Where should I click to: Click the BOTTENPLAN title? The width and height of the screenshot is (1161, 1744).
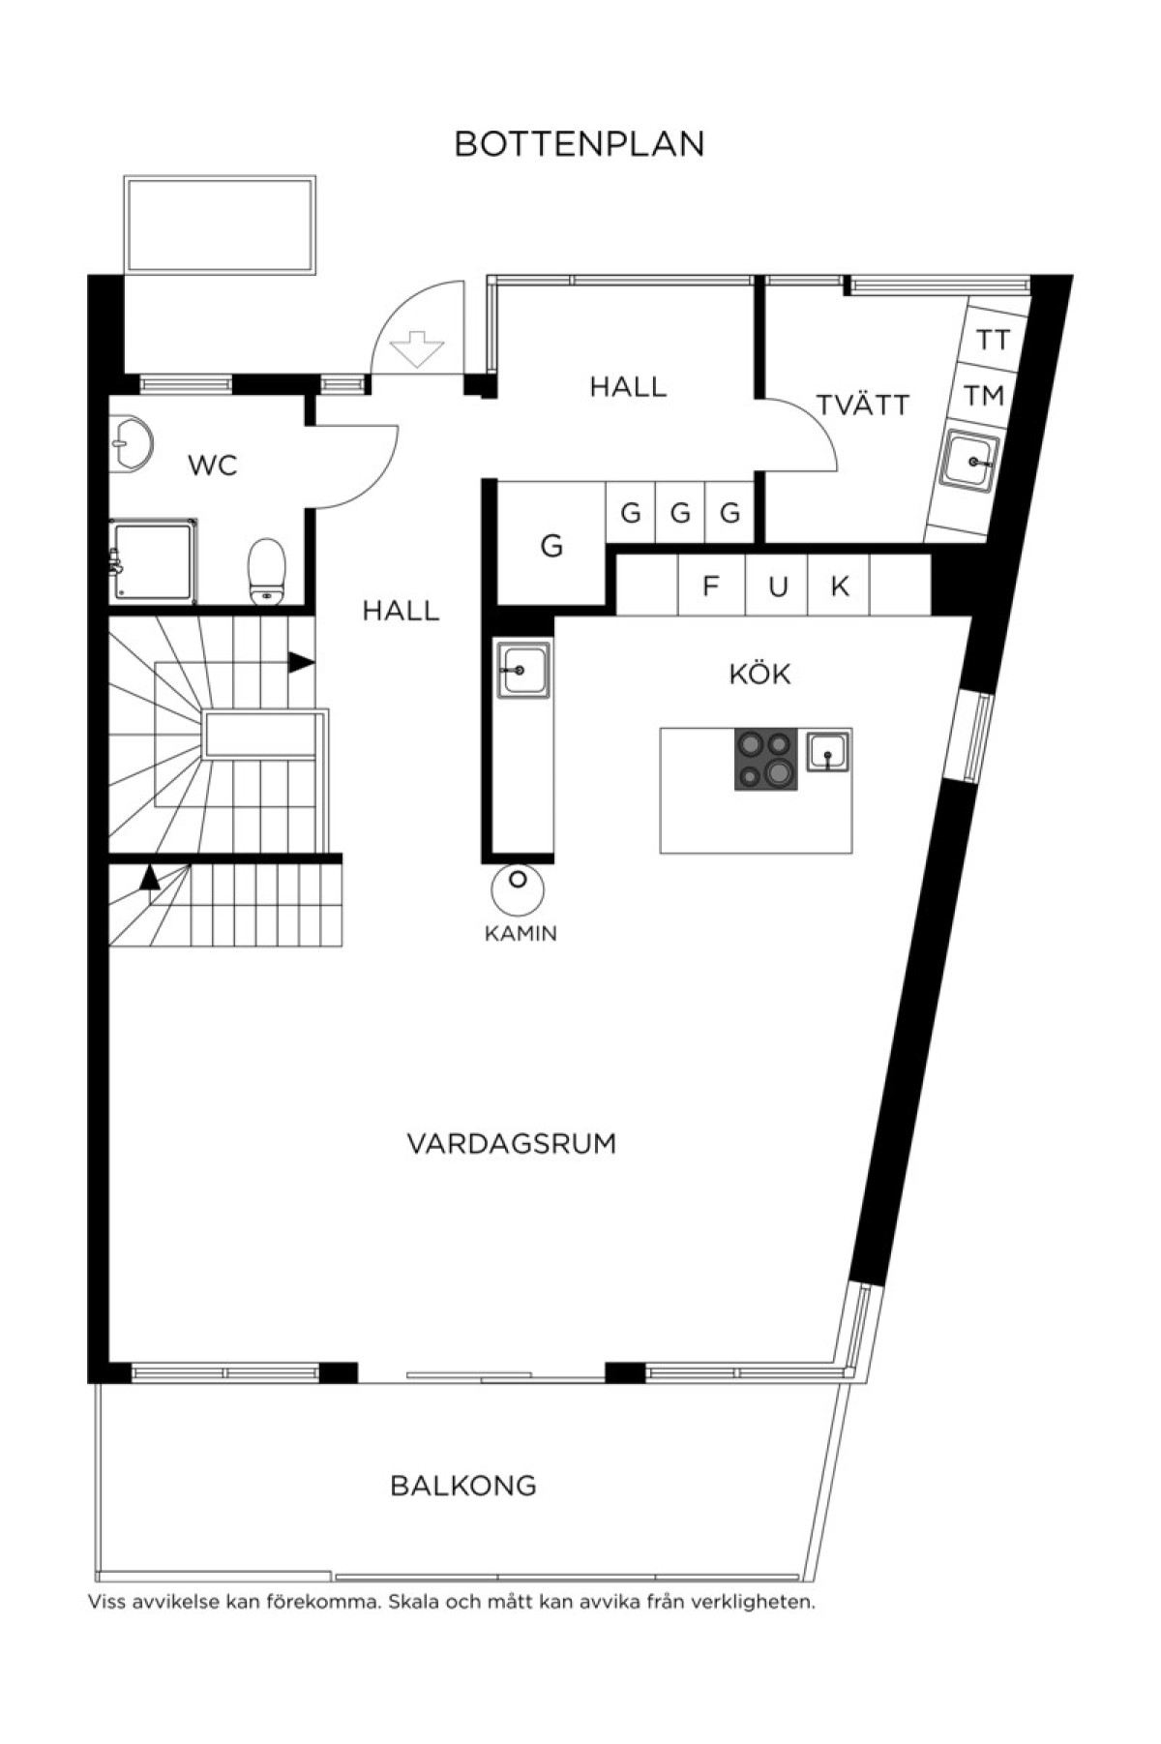[580, 144]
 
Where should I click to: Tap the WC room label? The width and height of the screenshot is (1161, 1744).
[213, 466]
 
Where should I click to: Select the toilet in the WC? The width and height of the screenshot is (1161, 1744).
[267, 571]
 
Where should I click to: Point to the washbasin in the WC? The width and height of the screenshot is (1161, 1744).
[130, 445]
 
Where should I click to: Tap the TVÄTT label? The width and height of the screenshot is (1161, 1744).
[863, 405]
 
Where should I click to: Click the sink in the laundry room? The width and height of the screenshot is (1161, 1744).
[970, 462]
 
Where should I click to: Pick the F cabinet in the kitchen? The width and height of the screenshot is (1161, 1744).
[711, 585]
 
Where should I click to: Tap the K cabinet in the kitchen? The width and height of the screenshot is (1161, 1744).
[839, 585]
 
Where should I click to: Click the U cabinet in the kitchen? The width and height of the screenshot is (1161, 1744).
[777, 585]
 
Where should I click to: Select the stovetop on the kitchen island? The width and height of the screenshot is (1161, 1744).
[766, 759]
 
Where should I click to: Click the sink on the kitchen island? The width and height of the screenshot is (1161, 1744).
[827, 752]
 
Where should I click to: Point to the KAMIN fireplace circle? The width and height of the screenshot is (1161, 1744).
[518, 887]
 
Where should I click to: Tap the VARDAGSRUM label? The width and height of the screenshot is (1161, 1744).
[512, 1144]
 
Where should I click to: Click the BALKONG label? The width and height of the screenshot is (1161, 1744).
[463, 1486]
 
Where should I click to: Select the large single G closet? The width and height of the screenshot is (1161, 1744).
[551, 545]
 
